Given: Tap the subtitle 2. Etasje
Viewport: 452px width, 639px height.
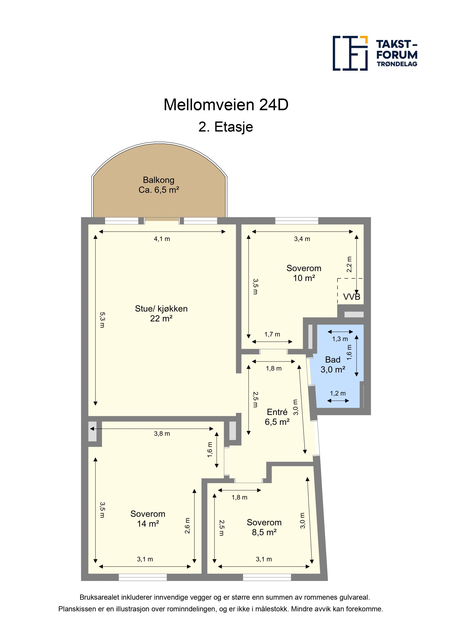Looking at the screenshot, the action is tap(226, 127).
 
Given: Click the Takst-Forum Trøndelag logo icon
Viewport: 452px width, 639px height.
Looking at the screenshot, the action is tap(350, 53).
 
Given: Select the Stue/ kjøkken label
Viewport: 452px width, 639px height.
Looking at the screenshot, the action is tap(161, 313).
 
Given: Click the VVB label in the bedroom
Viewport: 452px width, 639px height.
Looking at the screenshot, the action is tap(352, 297).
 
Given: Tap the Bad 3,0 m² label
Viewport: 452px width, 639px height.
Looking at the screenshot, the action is tap(333, 365).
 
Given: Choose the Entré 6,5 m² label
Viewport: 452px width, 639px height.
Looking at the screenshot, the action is tap(277, 417).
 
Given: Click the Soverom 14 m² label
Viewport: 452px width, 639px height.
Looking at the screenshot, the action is tap(148, 519).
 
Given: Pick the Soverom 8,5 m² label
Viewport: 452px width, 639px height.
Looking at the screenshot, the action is tap(264, 527).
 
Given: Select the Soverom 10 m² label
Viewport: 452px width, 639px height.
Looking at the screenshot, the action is tap(304, 273).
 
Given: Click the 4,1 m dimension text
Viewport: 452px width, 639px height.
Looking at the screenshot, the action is tap(162, 239).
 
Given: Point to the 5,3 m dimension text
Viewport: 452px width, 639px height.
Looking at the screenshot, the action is tap(102, 320).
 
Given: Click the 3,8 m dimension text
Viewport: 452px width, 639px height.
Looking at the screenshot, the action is tap(162, 434).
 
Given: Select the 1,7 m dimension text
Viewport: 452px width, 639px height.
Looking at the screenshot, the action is tap(272, 334).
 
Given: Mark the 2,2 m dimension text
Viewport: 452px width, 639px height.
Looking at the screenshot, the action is tap(349, 264).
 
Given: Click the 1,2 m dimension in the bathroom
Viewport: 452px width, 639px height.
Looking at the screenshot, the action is tap(338, 393).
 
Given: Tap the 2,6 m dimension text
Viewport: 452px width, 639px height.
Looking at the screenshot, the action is tap(187, 526).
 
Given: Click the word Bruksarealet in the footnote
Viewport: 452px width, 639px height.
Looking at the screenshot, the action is tap(100, 597).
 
